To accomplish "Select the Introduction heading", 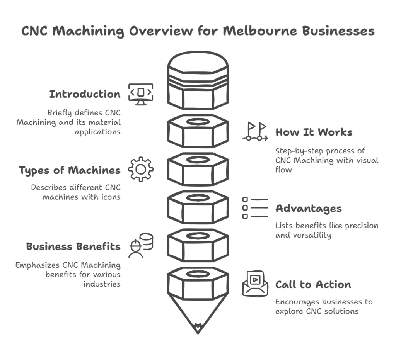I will point(85,94).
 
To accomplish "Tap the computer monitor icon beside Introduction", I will point(141,94).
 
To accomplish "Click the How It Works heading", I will point(314,132).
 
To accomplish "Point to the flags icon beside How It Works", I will point(255,131).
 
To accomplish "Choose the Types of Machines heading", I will point(70,170).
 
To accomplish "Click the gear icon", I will point(141,169).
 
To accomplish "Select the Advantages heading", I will point(308,209).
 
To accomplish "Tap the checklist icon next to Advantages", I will point(255,208).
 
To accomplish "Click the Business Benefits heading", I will point(73,246).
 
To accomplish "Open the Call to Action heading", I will point(313,285).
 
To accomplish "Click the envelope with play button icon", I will point(255,284).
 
